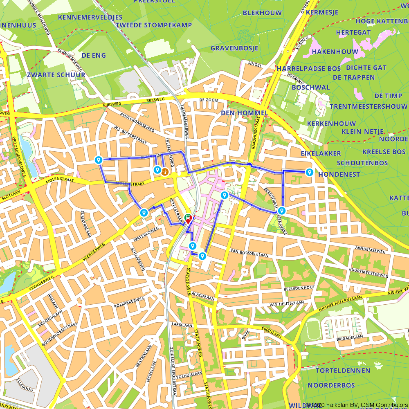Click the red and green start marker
pos(188,219)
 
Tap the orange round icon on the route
pos(165,171)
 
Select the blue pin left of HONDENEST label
pos(309,173)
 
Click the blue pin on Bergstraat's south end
pos(281,211)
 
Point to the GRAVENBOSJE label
pos(234,48)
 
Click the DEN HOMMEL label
pos(244,113)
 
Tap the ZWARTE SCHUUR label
pos(56,75)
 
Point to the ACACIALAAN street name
pos(203,299)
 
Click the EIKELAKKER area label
pos(321,153)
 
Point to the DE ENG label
pos(94,55)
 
